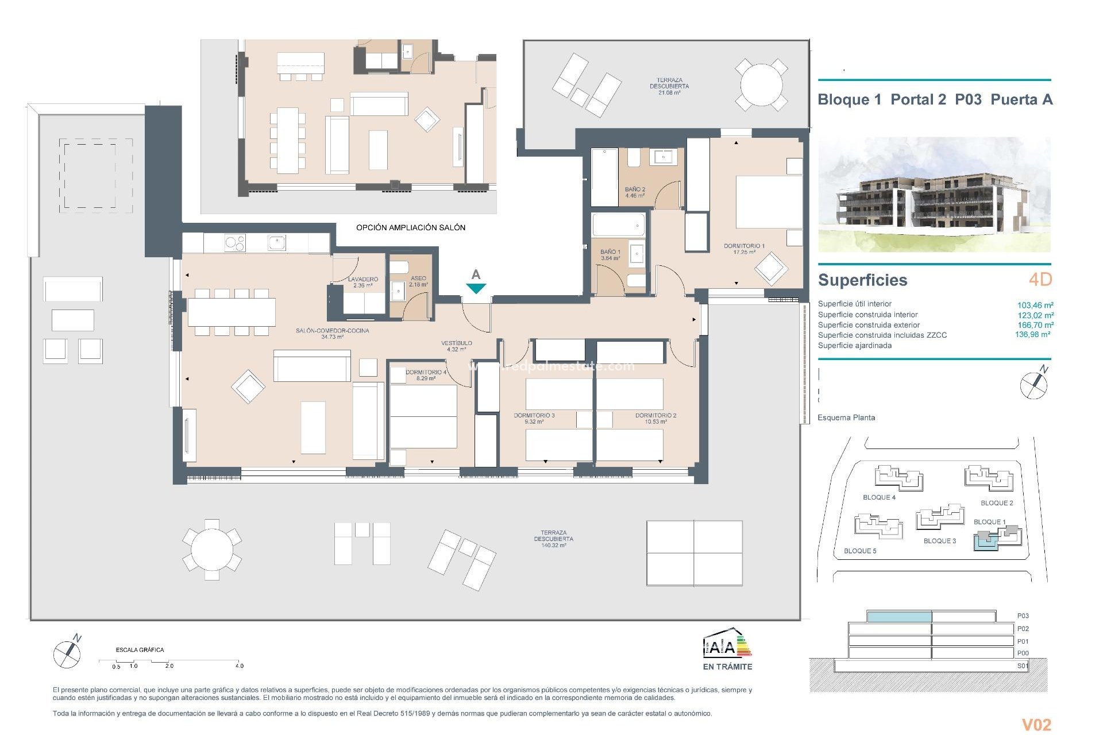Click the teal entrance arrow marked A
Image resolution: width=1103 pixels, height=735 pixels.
click(x=476, y=288)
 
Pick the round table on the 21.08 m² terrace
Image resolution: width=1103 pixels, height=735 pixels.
click(x=761, y=84)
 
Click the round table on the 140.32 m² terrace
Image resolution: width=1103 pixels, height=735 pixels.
click(x=212, y=550)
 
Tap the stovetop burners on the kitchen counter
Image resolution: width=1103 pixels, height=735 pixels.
click(x=234, y=243)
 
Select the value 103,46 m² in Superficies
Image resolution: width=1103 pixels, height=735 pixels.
click(x=1035, y=305)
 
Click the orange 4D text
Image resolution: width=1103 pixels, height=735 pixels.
click(x=1040, y=280)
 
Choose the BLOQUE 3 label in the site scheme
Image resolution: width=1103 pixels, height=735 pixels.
click(x=939, y=541)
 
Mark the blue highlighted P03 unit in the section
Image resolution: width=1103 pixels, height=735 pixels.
click(x=898, y=617)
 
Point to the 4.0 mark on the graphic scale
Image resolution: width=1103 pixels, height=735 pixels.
click(x=239, y=666)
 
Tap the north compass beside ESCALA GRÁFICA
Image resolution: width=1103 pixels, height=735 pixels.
click(x=67, y=653)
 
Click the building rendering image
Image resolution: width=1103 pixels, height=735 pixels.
click(x=934, y=195)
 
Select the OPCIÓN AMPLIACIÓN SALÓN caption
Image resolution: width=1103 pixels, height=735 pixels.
click(x=410, y=227)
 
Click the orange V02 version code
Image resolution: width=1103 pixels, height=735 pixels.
click(x=1036, y=725)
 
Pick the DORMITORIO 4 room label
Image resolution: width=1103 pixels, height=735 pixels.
click(x=426, y=372)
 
